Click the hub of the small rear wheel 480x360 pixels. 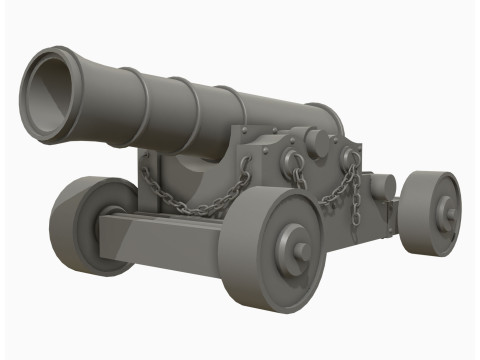[x=447, y=213]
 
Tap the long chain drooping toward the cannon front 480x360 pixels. [x=195, y=196]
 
